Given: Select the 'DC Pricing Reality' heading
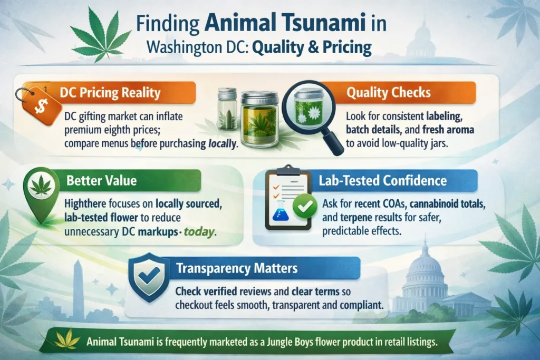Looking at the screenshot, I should tap(110, 93).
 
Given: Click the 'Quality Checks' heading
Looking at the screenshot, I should tap(388, 93).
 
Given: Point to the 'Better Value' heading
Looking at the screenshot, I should tap(101, 181).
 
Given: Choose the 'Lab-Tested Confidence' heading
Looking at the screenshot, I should tap(383, 181).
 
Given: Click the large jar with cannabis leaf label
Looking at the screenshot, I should tap(259, 119).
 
